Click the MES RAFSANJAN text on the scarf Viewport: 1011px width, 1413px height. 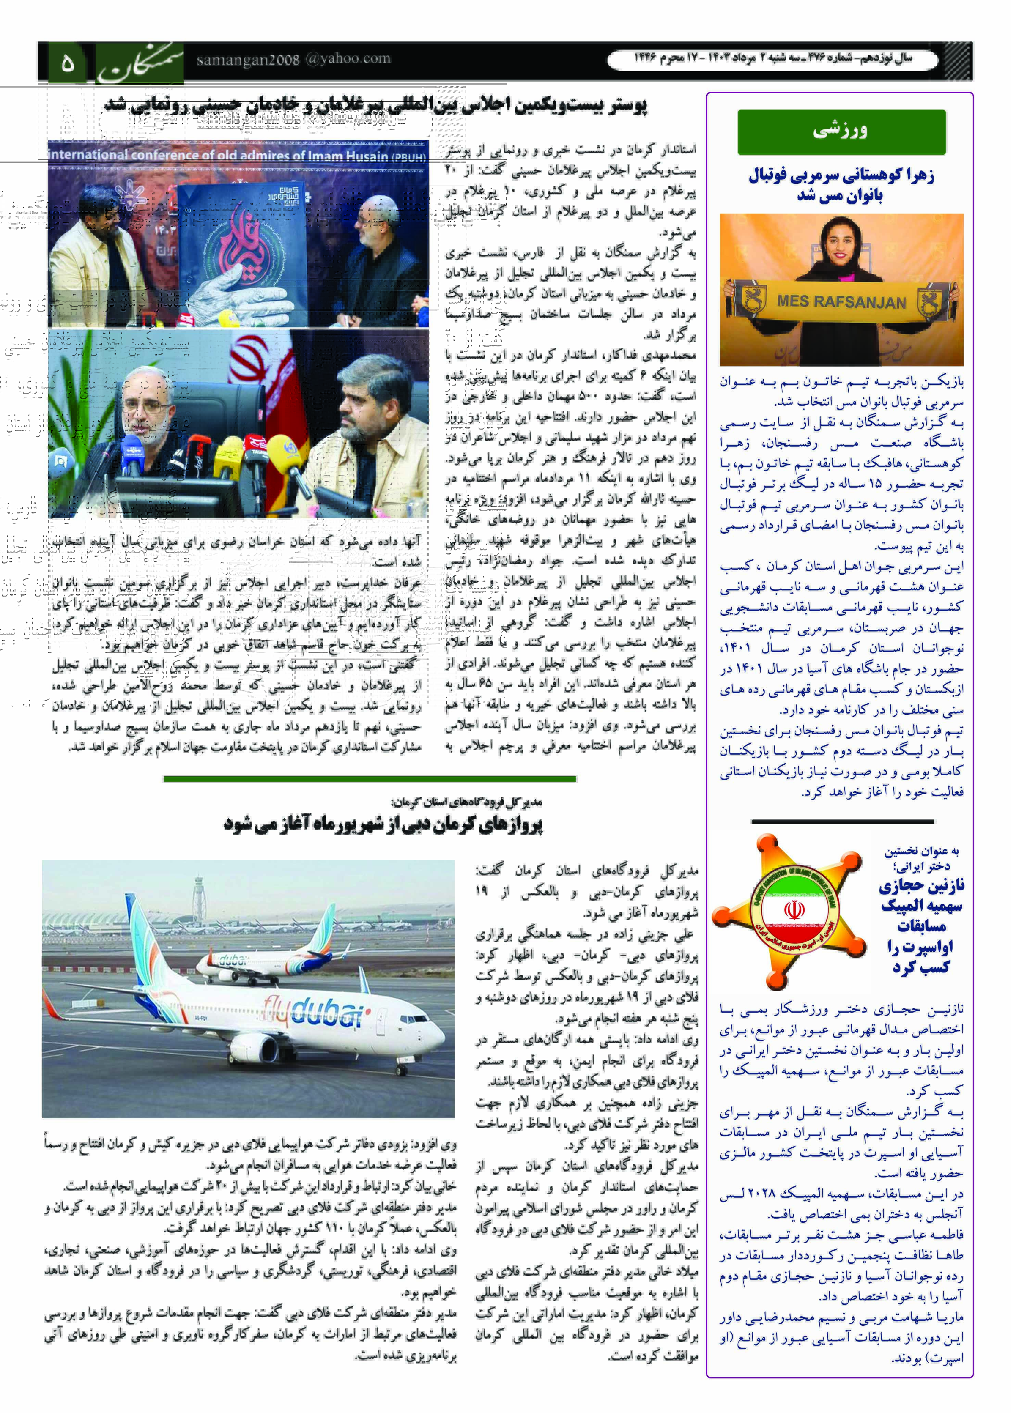(x=841, y=302)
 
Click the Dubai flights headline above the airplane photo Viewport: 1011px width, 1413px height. (x=383, y=825)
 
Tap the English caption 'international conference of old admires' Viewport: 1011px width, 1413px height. (x=237, y=154)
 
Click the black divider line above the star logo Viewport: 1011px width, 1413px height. (x=842, y=822)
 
